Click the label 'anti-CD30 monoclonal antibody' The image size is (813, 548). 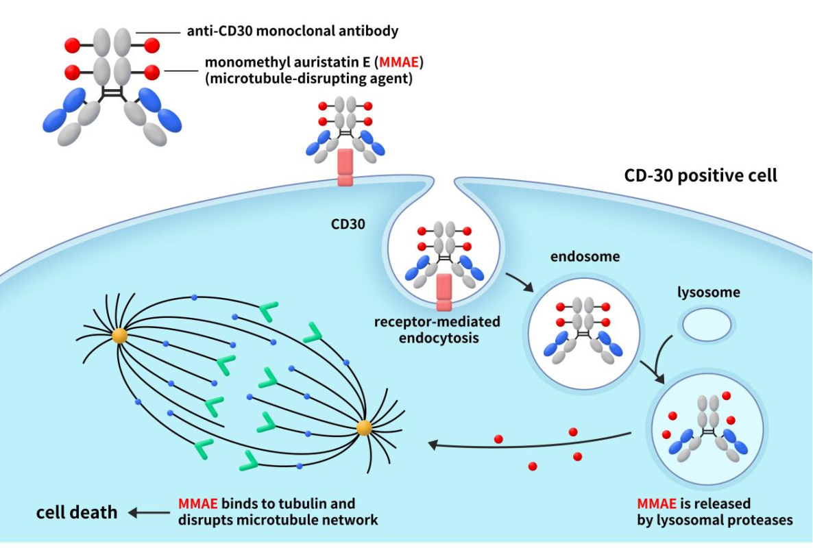[293, 31]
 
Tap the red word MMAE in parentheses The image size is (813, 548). [400, 62]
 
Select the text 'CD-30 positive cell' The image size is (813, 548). [701, 175]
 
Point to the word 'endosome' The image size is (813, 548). [581, 258]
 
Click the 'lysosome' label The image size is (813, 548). [708, 292]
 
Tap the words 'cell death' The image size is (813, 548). [77, 512]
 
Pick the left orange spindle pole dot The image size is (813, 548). [120, 336]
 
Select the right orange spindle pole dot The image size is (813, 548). [364, 428]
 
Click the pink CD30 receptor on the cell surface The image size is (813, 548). [345, 169]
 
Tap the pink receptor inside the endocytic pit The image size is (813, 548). [444, 291]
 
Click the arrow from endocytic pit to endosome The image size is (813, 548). [518, 282]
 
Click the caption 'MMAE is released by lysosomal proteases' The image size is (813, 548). [714, 512]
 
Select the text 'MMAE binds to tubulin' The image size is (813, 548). [267, 503]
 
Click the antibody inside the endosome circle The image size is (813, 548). [581, 329]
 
